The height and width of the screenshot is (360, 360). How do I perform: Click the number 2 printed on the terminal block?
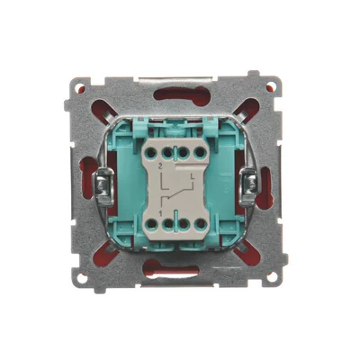(x=160, y=168)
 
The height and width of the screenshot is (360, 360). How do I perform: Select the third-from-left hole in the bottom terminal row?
(x=186, y=220)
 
